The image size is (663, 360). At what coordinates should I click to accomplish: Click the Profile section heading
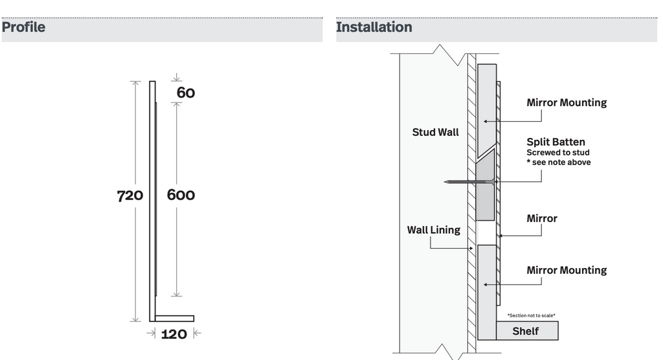pyautogui.click(x=23, y=27)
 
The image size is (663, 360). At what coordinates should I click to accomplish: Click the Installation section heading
pyautogui.click(x=374, y=27)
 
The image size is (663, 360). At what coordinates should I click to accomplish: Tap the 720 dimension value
pyautogui.click(x=129, y=196)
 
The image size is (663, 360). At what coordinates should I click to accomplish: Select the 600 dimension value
pyautogui.click(x=181, y=195)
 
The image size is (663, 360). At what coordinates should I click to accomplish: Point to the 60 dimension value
pyautogui.click(x=186, y=93)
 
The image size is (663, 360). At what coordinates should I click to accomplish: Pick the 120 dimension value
pyautogui.click(x=174, y=334)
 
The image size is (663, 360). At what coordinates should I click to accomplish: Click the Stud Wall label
pyautogui.click(x=435, y=132)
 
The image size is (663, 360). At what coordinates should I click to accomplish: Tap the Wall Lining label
pyautogui.click(x=433, y=230)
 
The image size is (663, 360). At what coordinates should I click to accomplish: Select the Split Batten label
pyautogui.click(x=556, y=142)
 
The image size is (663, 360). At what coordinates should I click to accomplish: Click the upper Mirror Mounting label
pyautogui.click(x=567, y=103)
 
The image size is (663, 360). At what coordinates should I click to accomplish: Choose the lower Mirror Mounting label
pyautogui.click(x=567, y=270)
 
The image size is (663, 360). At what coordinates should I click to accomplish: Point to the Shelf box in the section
pyautogui.click(x=527, y=331)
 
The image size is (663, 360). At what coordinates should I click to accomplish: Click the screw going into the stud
pyautogui.click(x=469, y=182)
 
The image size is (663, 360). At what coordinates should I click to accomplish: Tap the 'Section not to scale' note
pyautogui.click(x=531, y=315)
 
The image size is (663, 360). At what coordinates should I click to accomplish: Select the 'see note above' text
pyautogui.click(x=559, y=163)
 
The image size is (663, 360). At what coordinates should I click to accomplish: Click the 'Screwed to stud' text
pyautogui.click(x=557, y=153)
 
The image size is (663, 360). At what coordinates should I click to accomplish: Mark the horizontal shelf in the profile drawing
pyautogui.click(x=174, y=319)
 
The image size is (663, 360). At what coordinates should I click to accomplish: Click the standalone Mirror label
pyautogui.click(x=542, y=219)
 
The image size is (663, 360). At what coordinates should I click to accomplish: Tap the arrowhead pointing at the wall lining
pyautogui.click(x=471, y=249)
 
